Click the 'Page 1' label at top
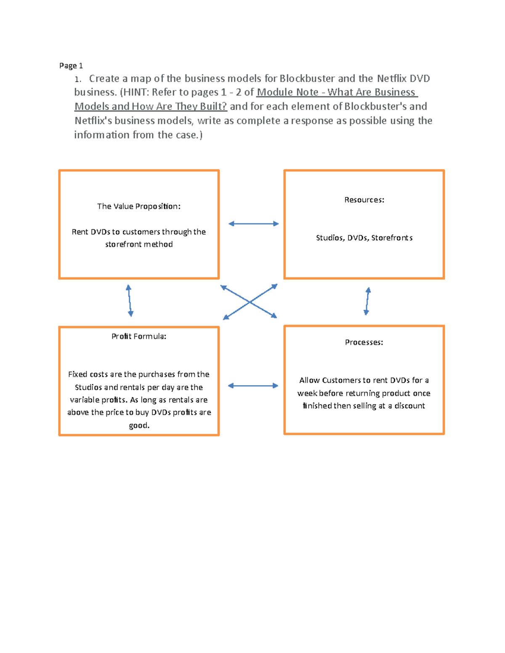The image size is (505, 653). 71,66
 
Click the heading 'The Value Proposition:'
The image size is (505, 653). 138,206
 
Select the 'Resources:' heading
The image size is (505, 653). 364,200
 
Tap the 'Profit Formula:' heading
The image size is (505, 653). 138,336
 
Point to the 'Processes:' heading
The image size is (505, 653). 364,342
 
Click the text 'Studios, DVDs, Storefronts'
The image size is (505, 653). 364,238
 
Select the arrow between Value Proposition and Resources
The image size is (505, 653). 253,224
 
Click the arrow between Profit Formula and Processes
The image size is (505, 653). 253,386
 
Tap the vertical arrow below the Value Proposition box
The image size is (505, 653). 130,300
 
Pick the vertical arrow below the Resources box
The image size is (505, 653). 367,301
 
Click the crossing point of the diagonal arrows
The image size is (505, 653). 250,302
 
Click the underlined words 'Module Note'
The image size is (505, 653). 287,93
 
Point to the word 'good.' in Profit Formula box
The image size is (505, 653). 139,425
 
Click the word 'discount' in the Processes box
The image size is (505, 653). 409,406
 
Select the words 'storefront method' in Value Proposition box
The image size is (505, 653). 139,244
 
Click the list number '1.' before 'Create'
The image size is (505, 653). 78,79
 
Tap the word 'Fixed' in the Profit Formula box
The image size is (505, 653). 78,374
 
